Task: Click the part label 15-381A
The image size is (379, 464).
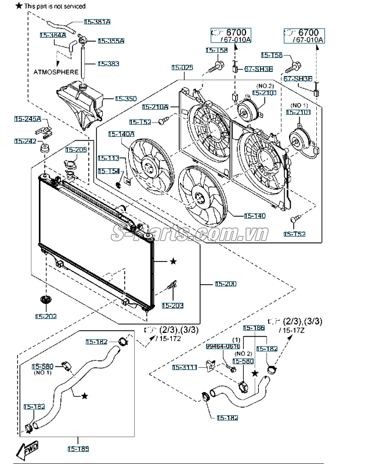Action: click(97, 21)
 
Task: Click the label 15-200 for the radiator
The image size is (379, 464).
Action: click(226, 284)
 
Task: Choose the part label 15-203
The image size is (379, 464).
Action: click(172, 305)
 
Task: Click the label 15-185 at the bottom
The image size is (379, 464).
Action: click(78, 448)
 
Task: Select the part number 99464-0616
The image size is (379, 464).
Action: click(223, 346)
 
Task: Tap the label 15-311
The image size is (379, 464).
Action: click(185, 367)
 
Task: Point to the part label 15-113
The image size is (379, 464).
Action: click(109, 158)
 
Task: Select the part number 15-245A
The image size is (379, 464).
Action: click(28, 119)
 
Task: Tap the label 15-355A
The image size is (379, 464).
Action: click(111, 41)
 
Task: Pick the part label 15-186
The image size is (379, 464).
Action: click(253, 328)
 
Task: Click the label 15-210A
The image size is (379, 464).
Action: click(155, 107)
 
